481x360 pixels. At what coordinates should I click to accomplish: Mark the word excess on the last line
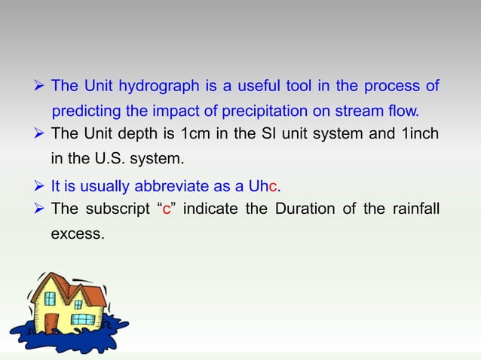coord(77,234)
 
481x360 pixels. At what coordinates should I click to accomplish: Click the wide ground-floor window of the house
coord(83,319)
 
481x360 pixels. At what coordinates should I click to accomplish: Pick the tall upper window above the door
coord(50,298)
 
